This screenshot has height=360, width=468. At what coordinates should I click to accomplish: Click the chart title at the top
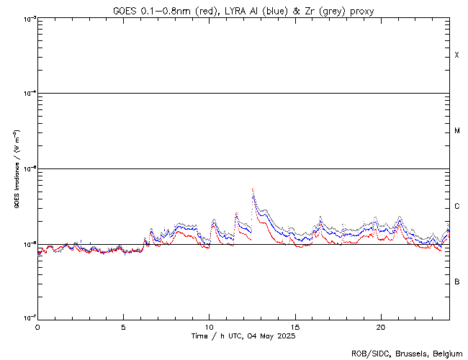click(x=243, y=11)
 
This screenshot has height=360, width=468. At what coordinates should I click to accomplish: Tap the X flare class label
click(x=456, y=55)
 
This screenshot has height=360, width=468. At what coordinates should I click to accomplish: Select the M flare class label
click(x=456, y=131)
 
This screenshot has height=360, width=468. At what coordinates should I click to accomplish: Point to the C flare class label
click(x=456, y=207)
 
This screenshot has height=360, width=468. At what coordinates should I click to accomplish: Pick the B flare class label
click(x=456, y=282)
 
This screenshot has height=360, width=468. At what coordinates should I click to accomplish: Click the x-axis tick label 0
click(x=37, y=326)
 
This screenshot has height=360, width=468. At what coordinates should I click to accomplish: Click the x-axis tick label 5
click(x=123, y=326)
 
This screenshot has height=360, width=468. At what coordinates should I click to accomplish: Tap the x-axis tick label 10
click(x=209, y=326)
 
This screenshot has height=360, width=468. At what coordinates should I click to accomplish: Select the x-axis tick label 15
click(x=294, y=326)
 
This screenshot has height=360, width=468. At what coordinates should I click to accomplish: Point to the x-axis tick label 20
click(x=380, y=326)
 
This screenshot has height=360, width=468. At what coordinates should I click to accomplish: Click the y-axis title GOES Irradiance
click(x=16, y=169)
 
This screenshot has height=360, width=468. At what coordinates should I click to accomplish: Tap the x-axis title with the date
click(x=243, y=336)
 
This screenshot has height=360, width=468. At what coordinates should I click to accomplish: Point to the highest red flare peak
click(x=252, y=189)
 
